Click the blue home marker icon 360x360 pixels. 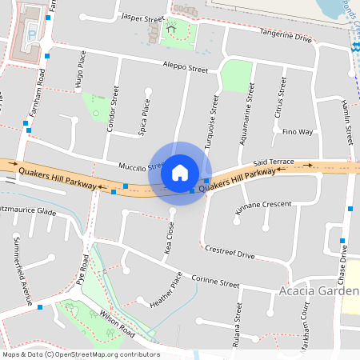180,173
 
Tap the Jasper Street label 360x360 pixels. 142,17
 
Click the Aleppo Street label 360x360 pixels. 185,67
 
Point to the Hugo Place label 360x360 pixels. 79,69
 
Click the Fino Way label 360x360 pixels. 298,131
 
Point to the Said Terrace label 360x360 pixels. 274,162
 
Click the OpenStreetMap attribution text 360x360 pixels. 80,354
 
